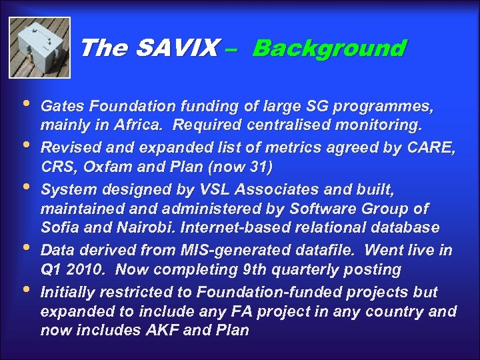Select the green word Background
pos(329,48)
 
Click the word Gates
pos(60,105)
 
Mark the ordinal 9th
pos(258,269)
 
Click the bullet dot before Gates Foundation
pos(25,105)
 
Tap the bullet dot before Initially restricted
pos(25,290)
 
